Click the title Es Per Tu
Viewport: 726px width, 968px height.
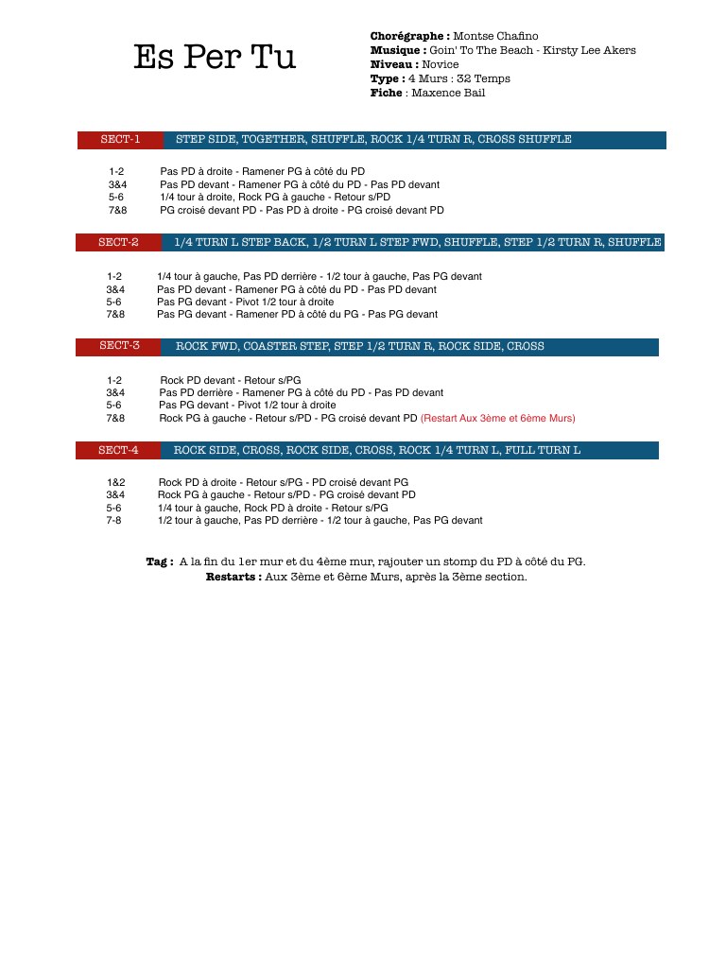coord(215,58)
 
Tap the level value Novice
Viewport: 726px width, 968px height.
coord(440,64)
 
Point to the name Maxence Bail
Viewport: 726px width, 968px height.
coord(448,93)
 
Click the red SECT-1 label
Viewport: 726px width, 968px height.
coord(120,140)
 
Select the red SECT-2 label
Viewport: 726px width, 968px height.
coord(118,243)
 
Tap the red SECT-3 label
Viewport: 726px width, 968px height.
coord(119,346)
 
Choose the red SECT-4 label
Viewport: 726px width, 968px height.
coord(118,450)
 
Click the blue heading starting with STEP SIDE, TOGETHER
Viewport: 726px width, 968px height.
coord(373,140)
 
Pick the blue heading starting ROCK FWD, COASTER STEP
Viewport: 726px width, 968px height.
coord(359,346)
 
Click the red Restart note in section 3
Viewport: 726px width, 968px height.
coord(497,418)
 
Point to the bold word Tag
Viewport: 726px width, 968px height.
coord(159,562)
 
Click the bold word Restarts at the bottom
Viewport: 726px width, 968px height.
coord(233,577)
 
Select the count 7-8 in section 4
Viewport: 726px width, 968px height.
coord(113,520)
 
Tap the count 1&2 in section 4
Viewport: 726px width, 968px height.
coord(115,482)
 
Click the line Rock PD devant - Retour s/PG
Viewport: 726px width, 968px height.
coord(231,380)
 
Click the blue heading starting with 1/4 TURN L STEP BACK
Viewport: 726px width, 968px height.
coord(417,243)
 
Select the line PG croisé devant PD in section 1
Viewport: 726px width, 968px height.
coord(302,210)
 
